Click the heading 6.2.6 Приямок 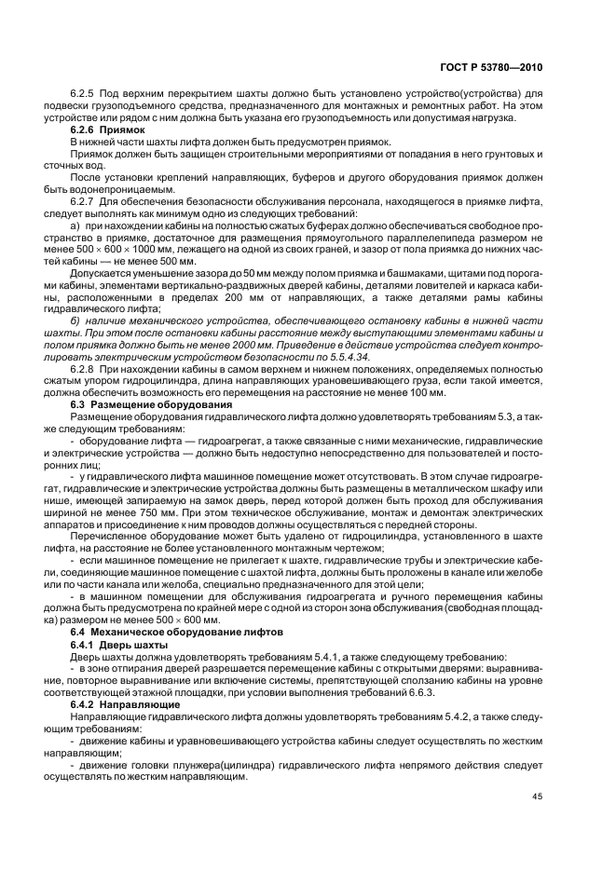(x=105, y=129)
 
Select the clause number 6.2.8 (x=86, y=371)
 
